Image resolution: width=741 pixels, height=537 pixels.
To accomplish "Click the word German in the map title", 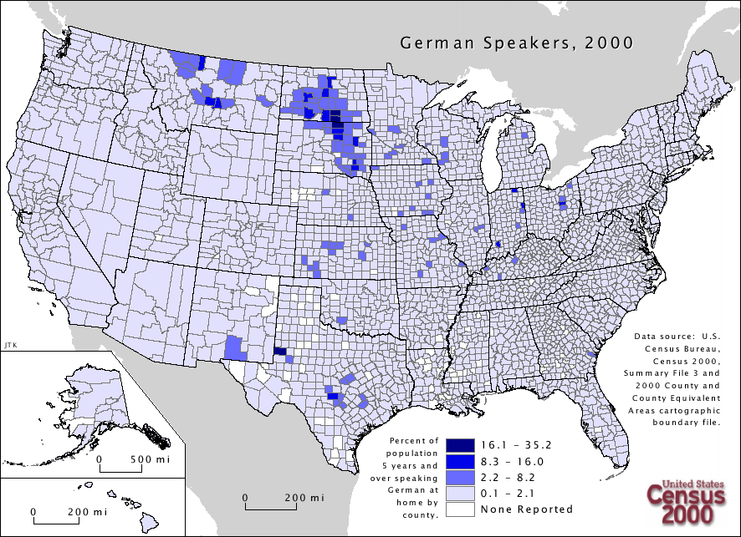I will coord(431,43).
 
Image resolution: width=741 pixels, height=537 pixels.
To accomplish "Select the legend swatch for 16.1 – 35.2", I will coord(459,445).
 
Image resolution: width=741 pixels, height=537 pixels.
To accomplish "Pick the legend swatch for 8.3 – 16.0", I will coord(459,461).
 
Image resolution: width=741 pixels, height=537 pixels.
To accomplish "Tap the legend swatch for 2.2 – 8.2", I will coord(459,477).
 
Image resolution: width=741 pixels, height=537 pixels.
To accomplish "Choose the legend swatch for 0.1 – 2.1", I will coord(459,493).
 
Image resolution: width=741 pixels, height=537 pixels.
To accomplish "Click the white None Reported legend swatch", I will coord(459,509).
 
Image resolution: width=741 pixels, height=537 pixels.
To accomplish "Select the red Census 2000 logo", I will coord(682,503).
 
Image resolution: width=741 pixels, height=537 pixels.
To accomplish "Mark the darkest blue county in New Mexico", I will coord(279,352).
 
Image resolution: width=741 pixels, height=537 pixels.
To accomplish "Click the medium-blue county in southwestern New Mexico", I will coord(235,347).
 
